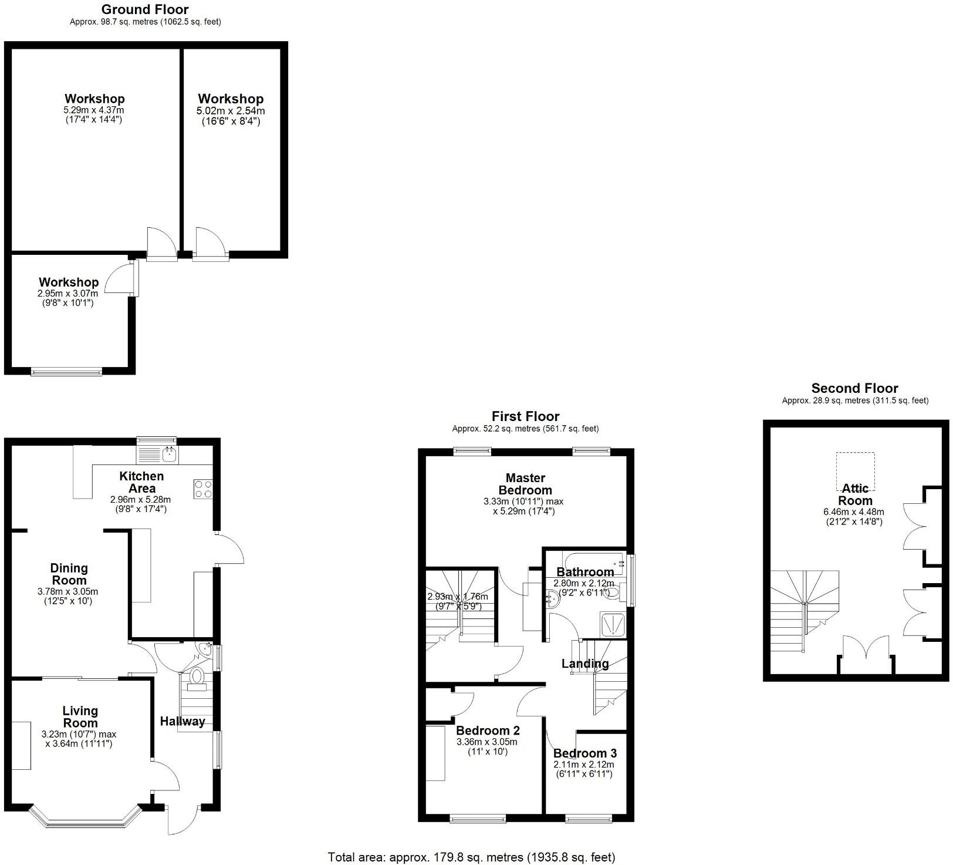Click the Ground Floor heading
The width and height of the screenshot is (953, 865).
145,9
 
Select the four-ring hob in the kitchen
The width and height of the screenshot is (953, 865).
203,489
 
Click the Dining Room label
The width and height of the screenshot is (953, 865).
69,574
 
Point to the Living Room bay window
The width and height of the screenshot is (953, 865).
86,820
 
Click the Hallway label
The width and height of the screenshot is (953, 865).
183,721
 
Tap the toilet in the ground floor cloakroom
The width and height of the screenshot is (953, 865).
197,676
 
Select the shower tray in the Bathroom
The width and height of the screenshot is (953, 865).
613,624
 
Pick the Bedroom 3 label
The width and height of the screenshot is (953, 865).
584,753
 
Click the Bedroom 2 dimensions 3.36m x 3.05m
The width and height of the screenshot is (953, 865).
488,742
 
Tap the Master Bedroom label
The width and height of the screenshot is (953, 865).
525,484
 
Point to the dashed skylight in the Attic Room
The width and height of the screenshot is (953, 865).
855,471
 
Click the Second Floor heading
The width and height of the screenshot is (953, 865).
854,388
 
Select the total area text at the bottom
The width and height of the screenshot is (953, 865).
471,857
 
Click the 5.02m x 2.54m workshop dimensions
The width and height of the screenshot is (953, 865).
231,111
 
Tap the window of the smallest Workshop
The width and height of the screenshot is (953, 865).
66,371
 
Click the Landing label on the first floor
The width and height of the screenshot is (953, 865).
585,664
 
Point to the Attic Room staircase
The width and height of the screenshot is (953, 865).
805,611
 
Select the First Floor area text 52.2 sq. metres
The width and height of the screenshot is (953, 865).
525,429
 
